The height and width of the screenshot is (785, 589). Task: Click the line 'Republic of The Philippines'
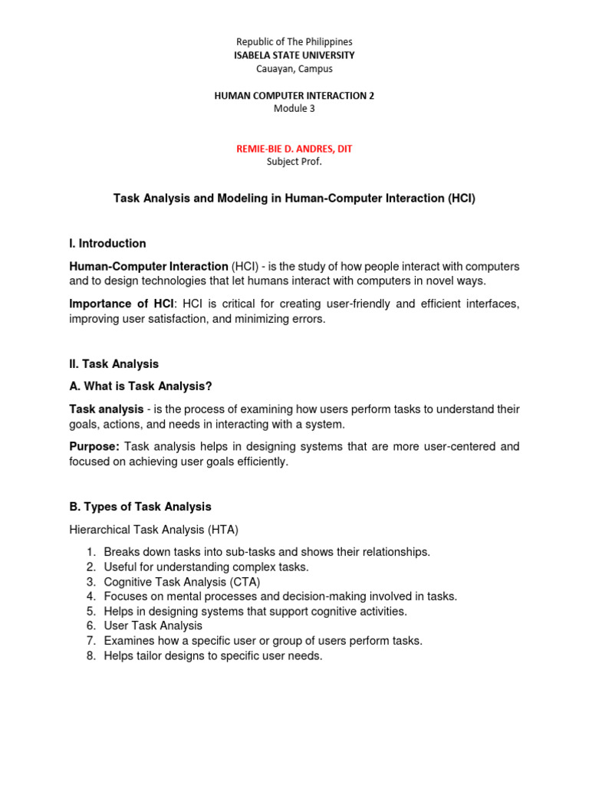(x=294, y=41)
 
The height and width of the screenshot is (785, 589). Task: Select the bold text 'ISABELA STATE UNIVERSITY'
(x=294, y=55)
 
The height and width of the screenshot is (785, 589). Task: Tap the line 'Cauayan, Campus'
(x=294, y=69)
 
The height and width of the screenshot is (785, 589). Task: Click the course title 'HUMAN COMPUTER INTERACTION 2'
(x=294, y=95)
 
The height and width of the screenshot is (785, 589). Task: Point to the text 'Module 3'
(x=294, y=108)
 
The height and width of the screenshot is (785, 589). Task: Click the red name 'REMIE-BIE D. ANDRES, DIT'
(x=294, y=148)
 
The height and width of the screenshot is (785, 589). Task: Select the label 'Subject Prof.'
(x=294, y=161)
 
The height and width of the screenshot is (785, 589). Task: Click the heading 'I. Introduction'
(x=107, y=244)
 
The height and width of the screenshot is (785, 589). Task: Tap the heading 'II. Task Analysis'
(x=114, y=364)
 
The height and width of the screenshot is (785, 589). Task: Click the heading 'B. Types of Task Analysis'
(x=140, y=507)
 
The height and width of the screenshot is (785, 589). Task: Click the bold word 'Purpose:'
(x=94, y=446)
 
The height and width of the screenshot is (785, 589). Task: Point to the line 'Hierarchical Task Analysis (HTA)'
(x=154, y=529)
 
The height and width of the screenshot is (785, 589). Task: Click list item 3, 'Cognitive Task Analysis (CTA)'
(x=182, y=582)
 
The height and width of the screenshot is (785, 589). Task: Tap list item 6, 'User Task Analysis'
(x=153, y=626)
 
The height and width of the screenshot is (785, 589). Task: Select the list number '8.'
(x=90, y=656)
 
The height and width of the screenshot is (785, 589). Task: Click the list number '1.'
(x=90, y=552)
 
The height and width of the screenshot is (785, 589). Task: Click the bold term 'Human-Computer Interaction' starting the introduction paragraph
(x=149, y=266)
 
